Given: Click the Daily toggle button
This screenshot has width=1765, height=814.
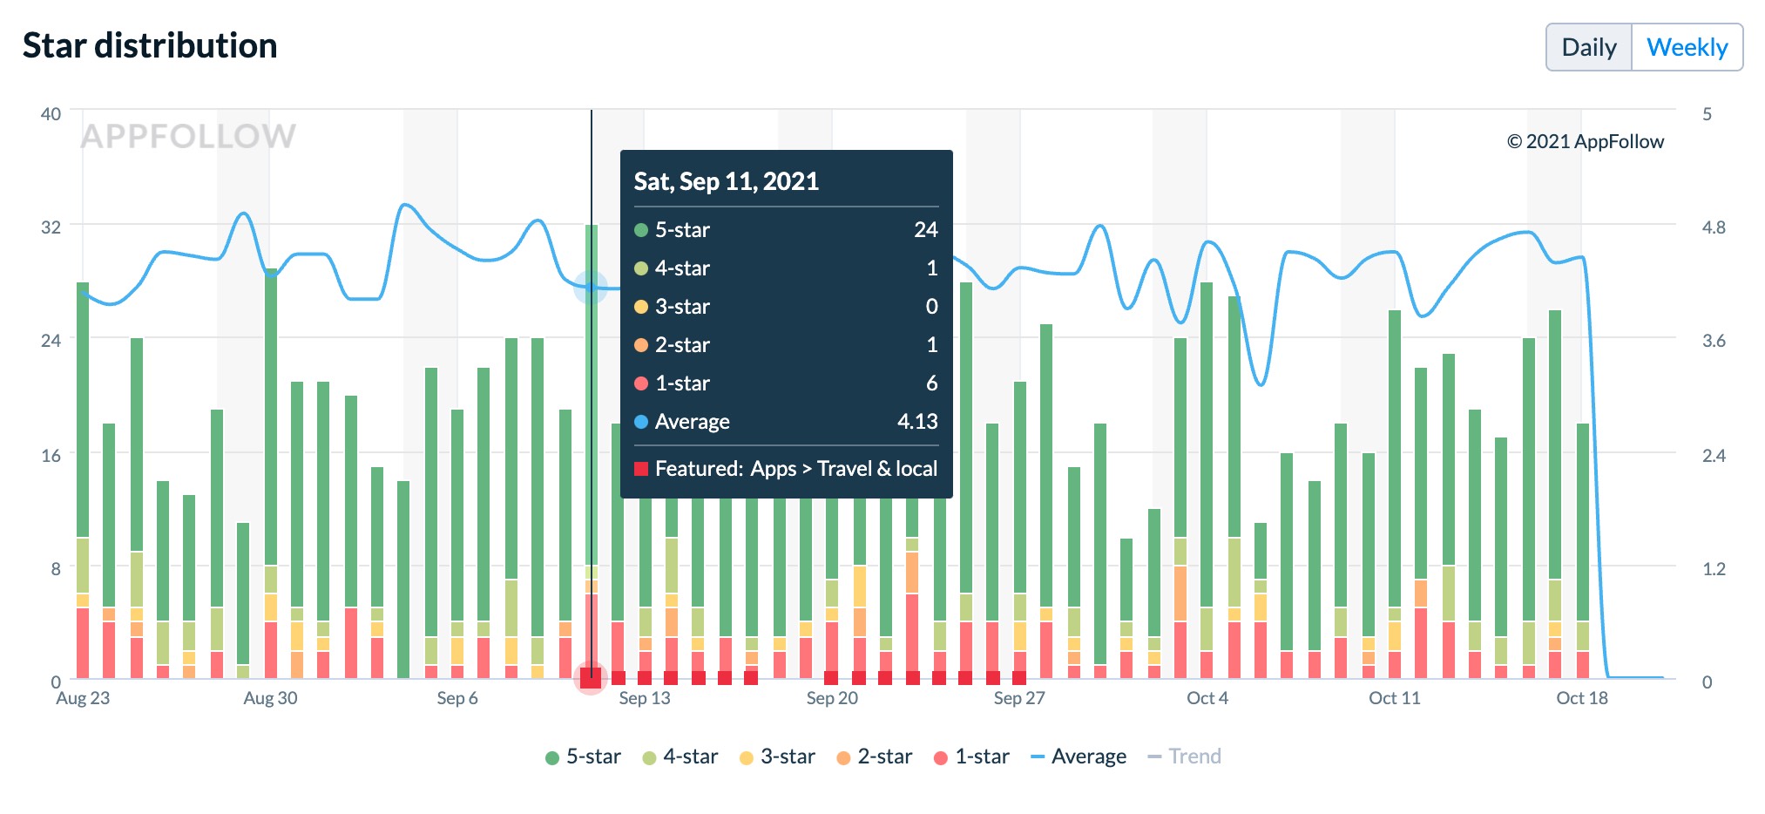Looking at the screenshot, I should tap(1588, 47).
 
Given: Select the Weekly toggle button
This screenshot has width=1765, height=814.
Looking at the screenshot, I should tap(1687, 47).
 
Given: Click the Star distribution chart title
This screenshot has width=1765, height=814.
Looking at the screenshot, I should tap(150, 45).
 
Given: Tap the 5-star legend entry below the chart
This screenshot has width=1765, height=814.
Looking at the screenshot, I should tap(583, 756).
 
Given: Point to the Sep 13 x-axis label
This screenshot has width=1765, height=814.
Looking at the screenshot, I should tap(645, 698).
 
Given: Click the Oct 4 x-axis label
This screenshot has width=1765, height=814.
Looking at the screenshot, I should tap(1207, 698).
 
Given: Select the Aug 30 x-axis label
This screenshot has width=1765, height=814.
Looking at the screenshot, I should tap(270, 698).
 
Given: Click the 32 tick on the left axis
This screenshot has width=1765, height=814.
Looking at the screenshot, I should tap(51, 227).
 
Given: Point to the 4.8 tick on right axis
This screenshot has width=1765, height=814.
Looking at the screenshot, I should tap(1713, 227).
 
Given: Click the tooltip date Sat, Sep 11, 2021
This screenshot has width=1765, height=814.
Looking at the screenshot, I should tap(726, 181).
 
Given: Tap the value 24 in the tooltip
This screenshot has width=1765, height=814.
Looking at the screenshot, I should tap(925, 230).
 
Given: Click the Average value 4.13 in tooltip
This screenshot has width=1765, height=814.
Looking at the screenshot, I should tap(916, 422).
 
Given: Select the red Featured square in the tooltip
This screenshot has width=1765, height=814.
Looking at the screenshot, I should tap(641, 469).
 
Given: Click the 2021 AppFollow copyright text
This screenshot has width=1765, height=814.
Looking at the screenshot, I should tap(1585, 141).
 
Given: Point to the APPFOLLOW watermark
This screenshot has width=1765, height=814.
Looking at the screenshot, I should tap(188, 136).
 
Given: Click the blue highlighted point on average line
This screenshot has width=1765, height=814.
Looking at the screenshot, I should tap(591, 287).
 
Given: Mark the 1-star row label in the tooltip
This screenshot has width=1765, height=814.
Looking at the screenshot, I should tap(681, 383).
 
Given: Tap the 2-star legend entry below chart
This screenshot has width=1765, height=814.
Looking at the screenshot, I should tap(874, 756).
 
